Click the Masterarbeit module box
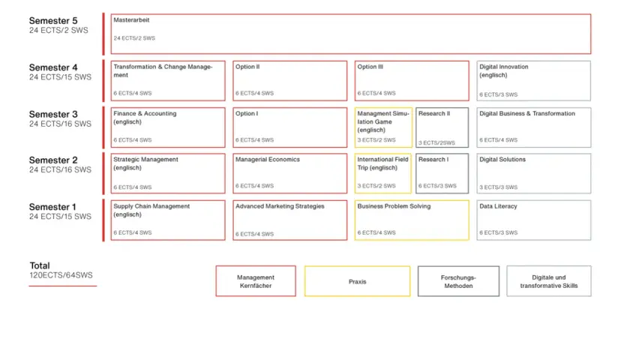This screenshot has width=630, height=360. pos(351,34)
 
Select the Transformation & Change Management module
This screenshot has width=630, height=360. pos(168,81)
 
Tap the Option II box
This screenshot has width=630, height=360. pos(289,81)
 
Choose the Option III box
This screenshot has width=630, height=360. pos(412,81)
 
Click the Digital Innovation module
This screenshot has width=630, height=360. pos(533,81)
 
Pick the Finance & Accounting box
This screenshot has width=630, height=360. pos(168,127)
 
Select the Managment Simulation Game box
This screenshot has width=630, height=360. pos(383,127)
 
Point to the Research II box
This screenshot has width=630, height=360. pos(442,127)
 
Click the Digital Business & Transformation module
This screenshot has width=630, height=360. pos(533,127)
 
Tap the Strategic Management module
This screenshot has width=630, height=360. pos(168,173)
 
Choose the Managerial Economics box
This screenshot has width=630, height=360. pos(289,173)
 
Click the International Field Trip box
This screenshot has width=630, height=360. pos(383,173)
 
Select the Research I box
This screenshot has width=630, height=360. pos(442,173)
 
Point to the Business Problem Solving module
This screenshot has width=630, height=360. pos(412,220)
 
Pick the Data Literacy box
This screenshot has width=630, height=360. pos(533,220)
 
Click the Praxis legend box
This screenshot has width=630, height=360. pos(357,281)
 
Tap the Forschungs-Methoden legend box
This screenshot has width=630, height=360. pos(458,281)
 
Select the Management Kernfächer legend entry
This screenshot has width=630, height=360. pos(256,281)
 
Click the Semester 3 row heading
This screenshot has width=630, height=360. pos(53,115)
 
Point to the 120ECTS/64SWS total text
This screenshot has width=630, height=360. pos(61,275)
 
